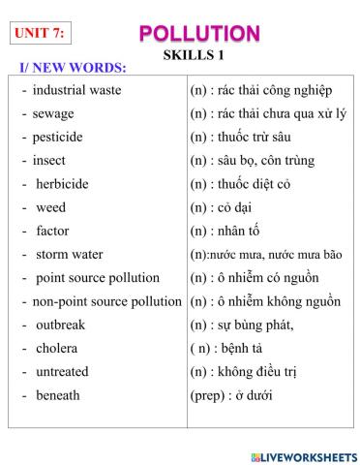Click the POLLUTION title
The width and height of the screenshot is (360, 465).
coord(199,34)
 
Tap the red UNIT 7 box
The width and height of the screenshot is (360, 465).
coord(41,33)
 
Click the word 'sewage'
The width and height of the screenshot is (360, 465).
coord(53,113)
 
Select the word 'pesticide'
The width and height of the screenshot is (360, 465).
coord(59,137)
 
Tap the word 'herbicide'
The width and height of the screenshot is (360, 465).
coord(62,183)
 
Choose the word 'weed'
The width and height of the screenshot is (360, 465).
coord(51,207)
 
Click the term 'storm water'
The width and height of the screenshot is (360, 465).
coord(70,254)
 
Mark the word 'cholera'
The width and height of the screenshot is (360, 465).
coord(56,348)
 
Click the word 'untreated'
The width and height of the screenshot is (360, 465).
coord(62,371)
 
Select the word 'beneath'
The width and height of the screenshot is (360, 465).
coord(58,395)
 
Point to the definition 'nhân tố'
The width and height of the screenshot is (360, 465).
coord(242,231)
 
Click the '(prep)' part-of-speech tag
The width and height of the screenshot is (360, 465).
coord(209,395)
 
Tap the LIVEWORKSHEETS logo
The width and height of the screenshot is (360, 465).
coord(302,454)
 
